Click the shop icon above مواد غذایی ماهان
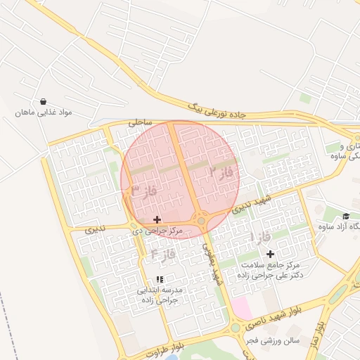coord(44,101)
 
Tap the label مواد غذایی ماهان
coord(44,112)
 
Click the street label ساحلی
coord(140,122)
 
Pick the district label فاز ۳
coord(143,190)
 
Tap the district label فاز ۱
coord(262,238)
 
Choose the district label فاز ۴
coord(163,253)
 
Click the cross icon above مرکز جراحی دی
coord(157,220)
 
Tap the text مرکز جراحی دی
coord(157,231)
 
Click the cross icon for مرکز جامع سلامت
coord(271,253)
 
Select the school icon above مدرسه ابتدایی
coord(160,279)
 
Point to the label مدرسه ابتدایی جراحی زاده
coord(160,295)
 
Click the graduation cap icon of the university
coord(346,216)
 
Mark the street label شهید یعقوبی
coord(212,264)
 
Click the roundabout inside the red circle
coord(202,221)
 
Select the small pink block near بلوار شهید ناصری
coord(241,307)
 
